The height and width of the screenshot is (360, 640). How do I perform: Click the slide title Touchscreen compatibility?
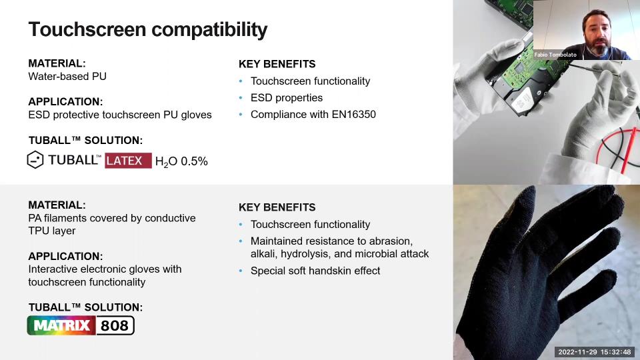[148, 30]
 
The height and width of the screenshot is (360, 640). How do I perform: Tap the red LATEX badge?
[128, 161]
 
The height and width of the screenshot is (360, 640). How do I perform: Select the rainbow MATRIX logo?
[61, 325]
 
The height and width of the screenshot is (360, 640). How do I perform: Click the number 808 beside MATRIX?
[115, 325]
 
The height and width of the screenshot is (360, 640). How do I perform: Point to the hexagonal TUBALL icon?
[35, 159]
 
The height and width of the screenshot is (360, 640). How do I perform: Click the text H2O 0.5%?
[181, 161]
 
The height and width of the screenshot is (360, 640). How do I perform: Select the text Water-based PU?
[67, 76]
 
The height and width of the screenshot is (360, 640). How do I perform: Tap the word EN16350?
[354, 114]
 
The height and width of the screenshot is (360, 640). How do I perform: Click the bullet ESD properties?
[287, 97]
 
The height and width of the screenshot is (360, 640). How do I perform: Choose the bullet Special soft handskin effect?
[315, 271]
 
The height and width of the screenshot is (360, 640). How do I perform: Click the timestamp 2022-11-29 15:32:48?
[594, 352]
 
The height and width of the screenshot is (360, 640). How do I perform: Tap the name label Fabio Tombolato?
[555, 55]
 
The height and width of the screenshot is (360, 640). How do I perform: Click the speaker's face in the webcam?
[597, 35]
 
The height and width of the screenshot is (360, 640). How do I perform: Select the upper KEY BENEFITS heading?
[277, 64]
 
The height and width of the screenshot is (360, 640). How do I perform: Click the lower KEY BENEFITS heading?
[277, 207]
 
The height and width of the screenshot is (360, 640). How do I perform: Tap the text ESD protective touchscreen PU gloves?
[120, 115]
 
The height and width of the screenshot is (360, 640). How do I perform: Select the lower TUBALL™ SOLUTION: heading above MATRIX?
[86, 307]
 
